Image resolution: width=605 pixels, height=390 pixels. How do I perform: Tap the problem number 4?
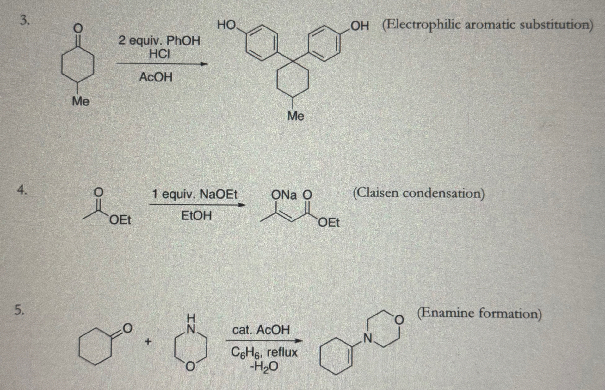[x=22, y=190]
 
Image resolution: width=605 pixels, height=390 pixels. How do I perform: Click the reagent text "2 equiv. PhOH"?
[x=159, y=41]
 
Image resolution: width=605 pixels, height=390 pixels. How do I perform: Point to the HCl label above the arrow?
[x=159, y=54]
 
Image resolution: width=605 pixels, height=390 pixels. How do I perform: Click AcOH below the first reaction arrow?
[x=156, y=77]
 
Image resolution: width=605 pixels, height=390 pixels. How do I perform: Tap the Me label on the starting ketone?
[x=81, y=101]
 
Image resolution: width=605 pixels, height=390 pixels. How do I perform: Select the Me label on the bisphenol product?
[x=295, y=116]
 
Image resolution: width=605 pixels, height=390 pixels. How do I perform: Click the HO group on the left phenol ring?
[x=226, y=25]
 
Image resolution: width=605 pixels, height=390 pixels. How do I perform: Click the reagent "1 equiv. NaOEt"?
[x=194, y=194]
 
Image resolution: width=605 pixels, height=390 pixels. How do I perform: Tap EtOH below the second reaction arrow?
[x=196, y=216]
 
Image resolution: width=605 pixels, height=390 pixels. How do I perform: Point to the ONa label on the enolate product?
[x=284, y=195]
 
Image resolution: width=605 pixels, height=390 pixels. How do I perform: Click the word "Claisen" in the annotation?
[x=377, y=193]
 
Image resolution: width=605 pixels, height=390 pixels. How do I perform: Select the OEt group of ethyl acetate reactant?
[x=120, y=219]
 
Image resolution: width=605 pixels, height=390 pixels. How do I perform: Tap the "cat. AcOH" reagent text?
[x=261, y=330]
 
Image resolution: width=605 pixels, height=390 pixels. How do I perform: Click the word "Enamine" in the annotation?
[x=446, y=313]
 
